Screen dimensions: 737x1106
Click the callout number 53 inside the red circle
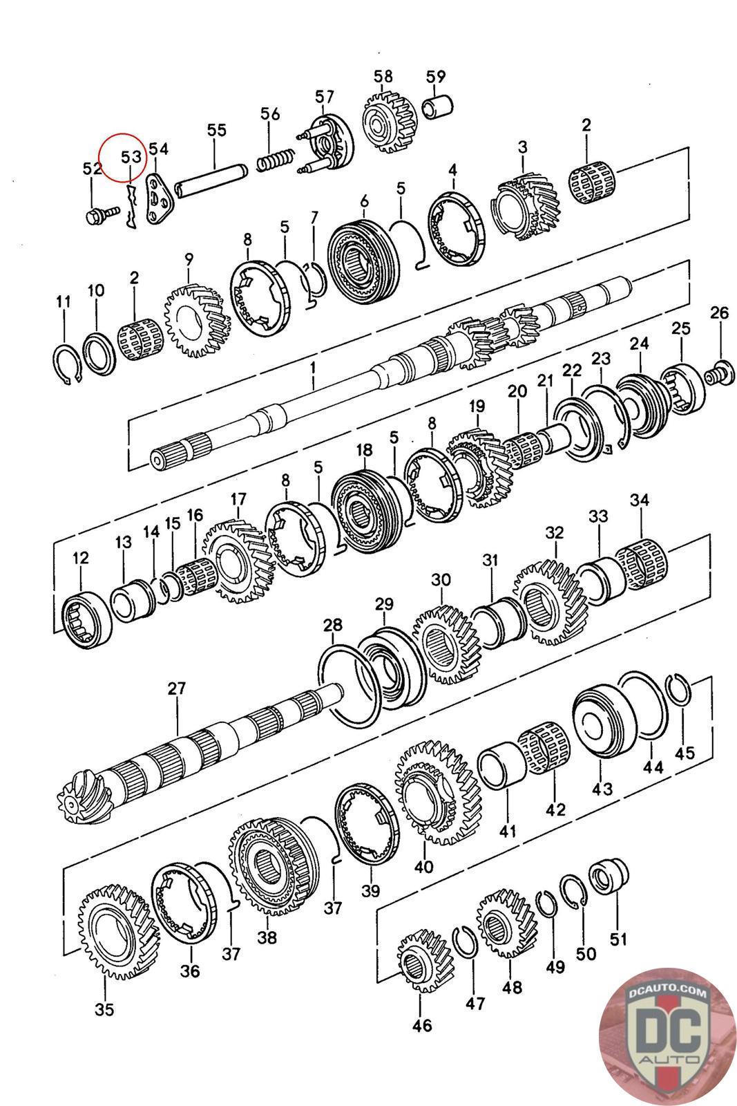132,157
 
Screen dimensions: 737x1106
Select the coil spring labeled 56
276,160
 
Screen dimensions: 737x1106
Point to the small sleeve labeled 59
438,106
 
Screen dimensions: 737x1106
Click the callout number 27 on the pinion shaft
176,688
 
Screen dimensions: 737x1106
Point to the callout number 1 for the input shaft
313,368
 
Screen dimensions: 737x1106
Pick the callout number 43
602,789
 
